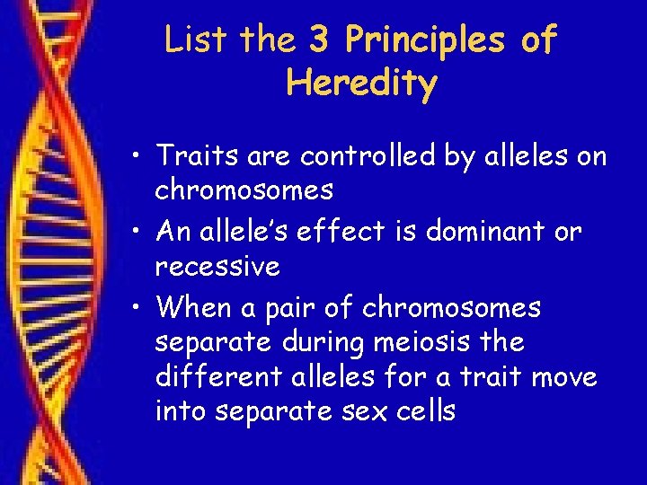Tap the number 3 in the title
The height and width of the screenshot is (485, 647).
[x=319, y=40]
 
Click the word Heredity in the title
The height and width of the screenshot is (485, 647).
[x=361, y=84]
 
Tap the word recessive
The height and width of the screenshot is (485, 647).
[x=217, y=267]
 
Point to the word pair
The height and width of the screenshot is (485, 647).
[x=284, y=308]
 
